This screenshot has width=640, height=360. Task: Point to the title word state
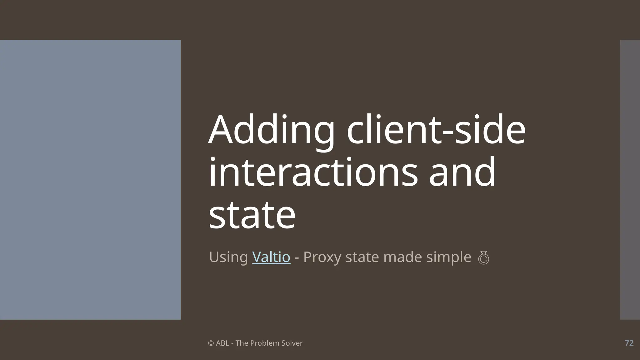[252, 215]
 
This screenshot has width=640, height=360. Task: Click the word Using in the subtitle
[228, 257]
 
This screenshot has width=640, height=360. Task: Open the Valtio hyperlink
[271, 257]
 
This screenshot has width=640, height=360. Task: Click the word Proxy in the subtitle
[322, 257]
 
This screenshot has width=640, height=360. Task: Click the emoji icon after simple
[483, 258]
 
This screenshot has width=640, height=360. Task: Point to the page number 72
[629, 343]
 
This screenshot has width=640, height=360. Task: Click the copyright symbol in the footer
[211, 343]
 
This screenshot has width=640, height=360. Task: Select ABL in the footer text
[222, 343]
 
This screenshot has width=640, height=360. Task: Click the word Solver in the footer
[292, 343]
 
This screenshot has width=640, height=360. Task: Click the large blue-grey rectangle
[90, 180]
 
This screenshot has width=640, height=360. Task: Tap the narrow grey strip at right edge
[630, 180]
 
